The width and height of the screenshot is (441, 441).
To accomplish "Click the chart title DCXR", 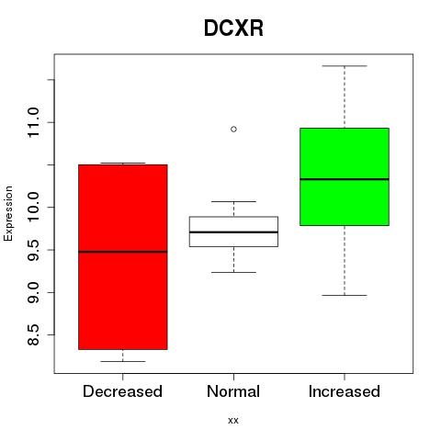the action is click(233, 28).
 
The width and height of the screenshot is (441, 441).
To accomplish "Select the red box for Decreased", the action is click(123, 256).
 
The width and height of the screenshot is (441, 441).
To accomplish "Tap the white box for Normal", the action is click(233, 232).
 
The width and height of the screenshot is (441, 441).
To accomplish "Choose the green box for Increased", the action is click(345, 176).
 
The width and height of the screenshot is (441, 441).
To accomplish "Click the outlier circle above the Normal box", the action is click(233, 130).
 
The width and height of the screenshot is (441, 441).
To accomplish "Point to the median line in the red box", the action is click(123, 252).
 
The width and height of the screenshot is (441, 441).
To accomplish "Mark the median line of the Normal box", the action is click(233, 232).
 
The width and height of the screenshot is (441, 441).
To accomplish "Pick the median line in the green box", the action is click(345, 179).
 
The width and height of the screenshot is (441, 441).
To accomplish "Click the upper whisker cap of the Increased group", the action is click(345, 66).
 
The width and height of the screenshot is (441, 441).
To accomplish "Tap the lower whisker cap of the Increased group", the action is click(345, 295).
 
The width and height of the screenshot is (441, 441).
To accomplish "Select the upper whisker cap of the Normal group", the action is click(233, 201).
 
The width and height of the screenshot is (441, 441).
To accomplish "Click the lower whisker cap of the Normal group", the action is click(233, 272).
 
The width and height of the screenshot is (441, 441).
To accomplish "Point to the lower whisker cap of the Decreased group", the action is click(123, 361).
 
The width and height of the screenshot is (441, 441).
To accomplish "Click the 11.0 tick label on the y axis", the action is click(33, 122).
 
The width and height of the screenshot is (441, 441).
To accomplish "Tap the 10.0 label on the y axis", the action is click(33, 208).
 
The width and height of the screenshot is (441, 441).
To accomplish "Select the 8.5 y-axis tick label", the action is click(33, 335).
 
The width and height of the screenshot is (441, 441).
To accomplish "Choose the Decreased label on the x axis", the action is click(122, 391).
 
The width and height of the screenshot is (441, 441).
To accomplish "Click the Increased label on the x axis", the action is click(345, 391).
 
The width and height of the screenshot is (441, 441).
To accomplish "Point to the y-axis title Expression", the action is click(8, 213).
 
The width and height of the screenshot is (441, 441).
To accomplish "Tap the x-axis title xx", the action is click(233, 421).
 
